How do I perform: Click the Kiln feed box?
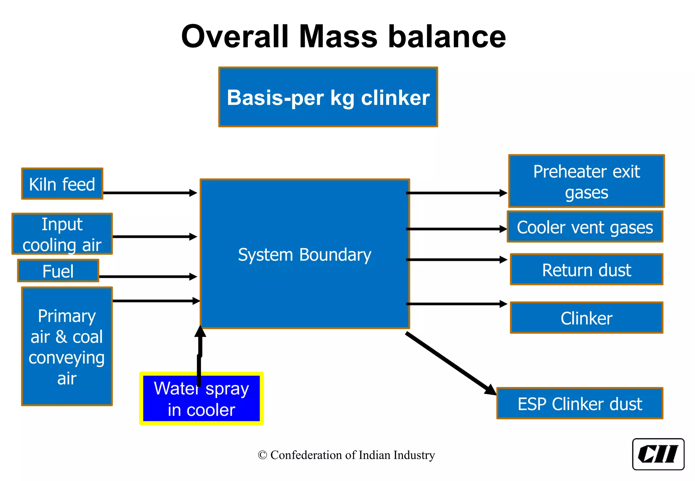[62, 184]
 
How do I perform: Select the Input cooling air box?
[62, 234]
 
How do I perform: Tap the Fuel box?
[58, 271]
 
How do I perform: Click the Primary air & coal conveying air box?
[67, 346]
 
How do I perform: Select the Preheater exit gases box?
[586, 181]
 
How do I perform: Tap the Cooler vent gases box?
[585, 227]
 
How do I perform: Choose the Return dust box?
[586, 270]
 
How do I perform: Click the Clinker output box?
[586, 318]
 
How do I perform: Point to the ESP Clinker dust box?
[580, 403]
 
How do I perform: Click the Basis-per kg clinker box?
[328, 97]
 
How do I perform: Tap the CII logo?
[658, 454]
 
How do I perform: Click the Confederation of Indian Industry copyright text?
[346, 455]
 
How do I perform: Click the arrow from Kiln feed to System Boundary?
[149, 193]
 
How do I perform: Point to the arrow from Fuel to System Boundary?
[148, 277]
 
